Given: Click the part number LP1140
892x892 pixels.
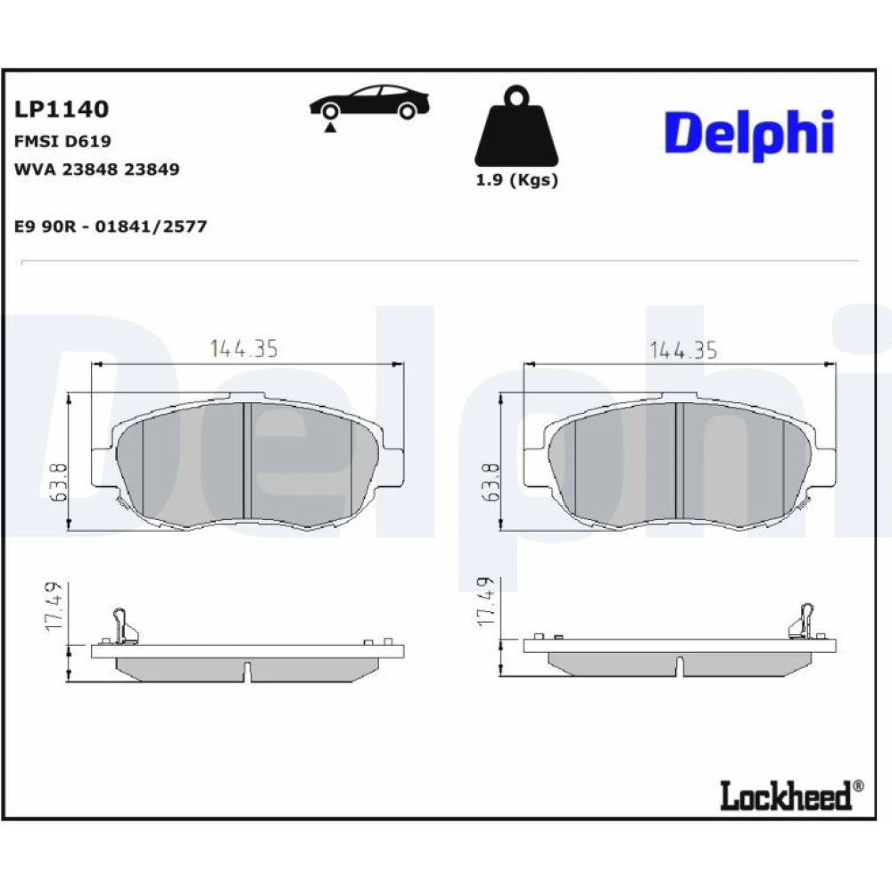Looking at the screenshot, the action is [62, 109].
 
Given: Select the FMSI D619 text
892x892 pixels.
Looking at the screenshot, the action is [62, 141].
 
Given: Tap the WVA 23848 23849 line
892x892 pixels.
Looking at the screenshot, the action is [96, 169].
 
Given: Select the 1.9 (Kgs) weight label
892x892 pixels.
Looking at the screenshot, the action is [516, 180].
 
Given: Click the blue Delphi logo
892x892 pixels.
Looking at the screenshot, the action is [749, 135].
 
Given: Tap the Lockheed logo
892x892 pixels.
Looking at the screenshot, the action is [791, 795].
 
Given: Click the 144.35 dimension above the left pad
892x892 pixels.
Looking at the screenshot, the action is [244, 348].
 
